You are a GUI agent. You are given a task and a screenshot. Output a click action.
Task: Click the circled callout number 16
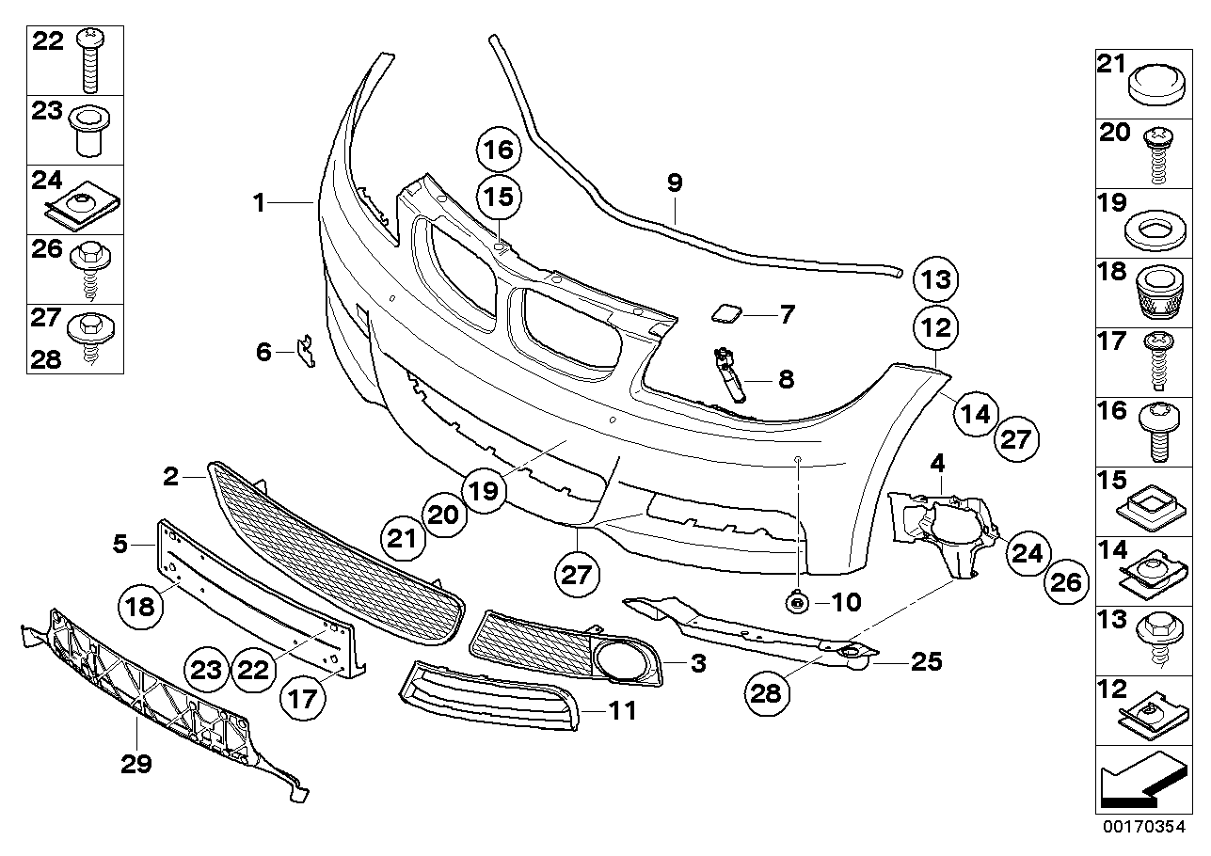click(501, 150)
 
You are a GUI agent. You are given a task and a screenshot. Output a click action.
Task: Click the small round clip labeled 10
click(797, 601)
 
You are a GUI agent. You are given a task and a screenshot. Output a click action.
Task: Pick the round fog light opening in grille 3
click(621, 659)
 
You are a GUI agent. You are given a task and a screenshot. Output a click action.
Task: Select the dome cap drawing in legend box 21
click(1157, 87)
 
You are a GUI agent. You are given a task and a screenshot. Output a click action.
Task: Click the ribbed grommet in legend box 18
click(1157, 293)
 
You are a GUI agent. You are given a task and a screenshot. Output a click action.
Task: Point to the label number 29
click(136, 765)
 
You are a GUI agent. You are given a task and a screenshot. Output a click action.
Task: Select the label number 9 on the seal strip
click(674, 183)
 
